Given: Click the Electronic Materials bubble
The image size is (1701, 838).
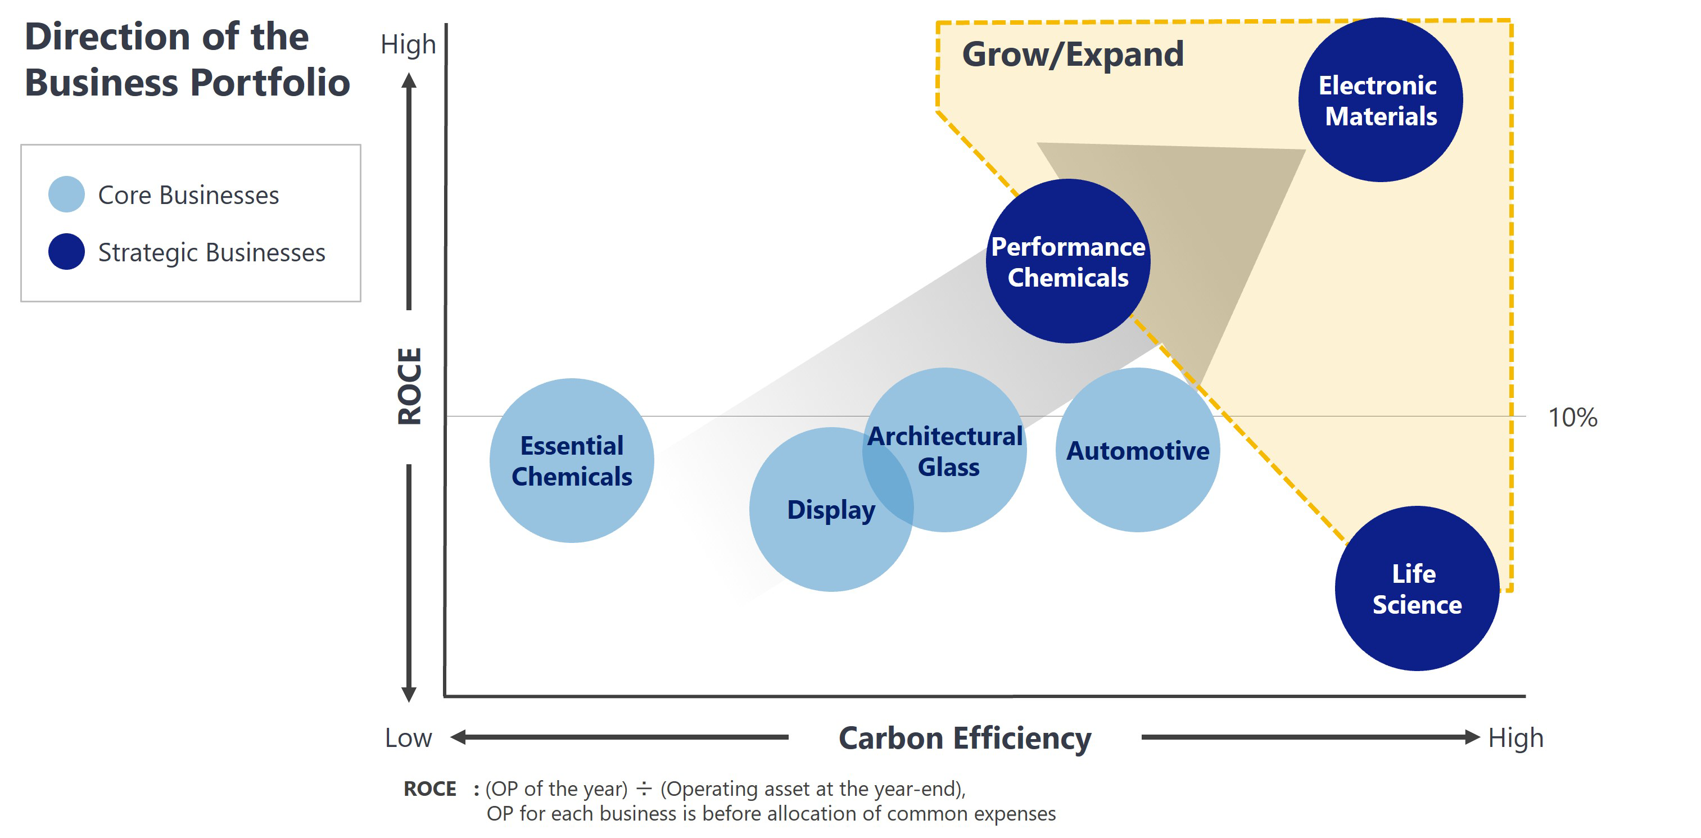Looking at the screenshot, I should (1380, 101).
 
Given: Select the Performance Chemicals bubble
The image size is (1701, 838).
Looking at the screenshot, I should (1067, 261).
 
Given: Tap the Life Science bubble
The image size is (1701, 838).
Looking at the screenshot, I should (1417, 588).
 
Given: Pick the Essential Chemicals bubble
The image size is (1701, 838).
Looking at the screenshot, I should (572, 461).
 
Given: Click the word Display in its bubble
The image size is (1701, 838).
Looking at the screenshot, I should (831, 510).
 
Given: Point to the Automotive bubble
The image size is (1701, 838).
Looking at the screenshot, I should (1138, 451).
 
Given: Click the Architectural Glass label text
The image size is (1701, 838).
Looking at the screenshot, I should (945, 451).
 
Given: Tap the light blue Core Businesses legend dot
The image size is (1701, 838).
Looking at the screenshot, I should (67, 194).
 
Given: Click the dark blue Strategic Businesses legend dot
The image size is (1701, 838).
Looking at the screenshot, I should (67, 252).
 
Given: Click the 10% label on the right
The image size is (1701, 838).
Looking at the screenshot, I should (1572, 418).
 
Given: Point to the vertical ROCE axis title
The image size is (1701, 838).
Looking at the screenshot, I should (409, 386).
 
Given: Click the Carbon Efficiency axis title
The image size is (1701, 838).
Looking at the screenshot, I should (965, 739).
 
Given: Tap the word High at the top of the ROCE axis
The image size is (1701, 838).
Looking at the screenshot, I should (408, 45).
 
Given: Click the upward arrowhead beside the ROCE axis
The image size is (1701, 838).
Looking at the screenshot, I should (409, 81).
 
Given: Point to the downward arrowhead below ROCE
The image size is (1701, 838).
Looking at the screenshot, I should (409, 694).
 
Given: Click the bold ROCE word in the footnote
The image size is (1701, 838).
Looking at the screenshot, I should (430, 789).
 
